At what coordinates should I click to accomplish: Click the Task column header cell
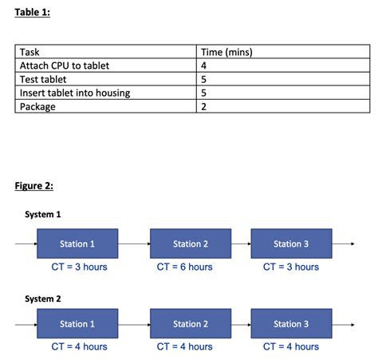(x=30, y=53)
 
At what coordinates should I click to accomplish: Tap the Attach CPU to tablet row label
(x=64, y=66)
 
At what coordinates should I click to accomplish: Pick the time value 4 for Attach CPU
(x=204, y=66)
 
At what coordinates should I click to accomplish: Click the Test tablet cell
(x=43, y=80)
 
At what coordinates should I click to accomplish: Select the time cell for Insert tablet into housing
(x=204, y=93)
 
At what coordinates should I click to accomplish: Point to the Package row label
(x=37, y=107)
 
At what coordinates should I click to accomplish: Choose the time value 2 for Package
(x=204, y=107)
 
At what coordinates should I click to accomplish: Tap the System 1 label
(x=43, y=215)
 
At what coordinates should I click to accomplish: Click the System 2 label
(x=43, y=299)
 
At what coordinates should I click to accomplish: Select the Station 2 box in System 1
(x=191, y=243)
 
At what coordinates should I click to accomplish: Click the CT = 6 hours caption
(x=185, y=267)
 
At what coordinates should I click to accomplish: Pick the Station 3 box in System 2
(x=290, y=324)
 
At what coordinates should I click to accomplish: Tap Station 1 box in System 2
(x=77, y=324)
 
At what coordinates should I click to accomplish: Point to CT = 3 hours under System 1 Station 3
(x=291, y=267)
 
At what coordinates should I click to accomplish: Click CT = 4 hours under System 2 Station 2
(x=185, y=346)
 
